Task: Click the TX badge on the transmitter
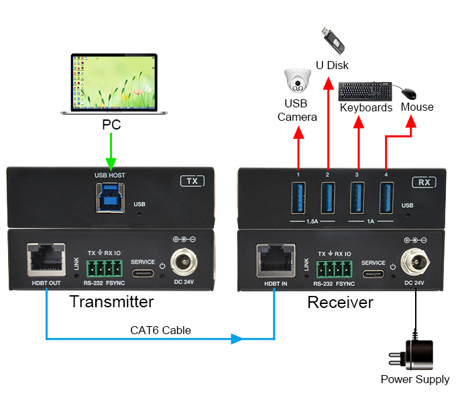pyautogui.click(x=191, y=180)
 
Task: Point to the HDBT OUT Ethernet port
pyautogui.click(x=45, y=259)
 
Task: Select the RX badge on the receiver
pyautogui.click(x=423, y=182)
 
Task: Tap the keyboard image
pyautogui.click(x=365, y=91)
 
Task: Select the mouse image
pyautogui.click(x=409, y=93)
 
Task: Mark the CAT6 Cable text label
pyautogui.click(x=160, y=329)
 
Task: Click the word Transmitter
pyautogui.click(x=111, y=302)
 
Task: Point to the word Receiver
pyautogui.click(x=340, y=303)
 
